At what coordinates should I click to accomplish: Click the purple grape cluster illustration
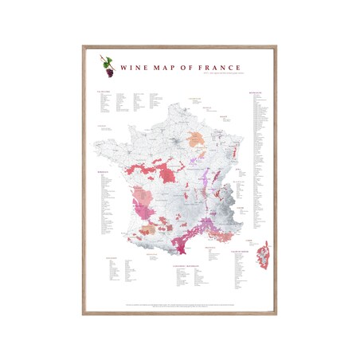tap(108, 72)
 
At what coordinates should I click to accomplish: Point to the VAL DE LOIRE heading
tap(103, 91)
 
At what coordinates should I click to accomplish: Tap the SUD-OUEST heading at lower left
tap(111, 258)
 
